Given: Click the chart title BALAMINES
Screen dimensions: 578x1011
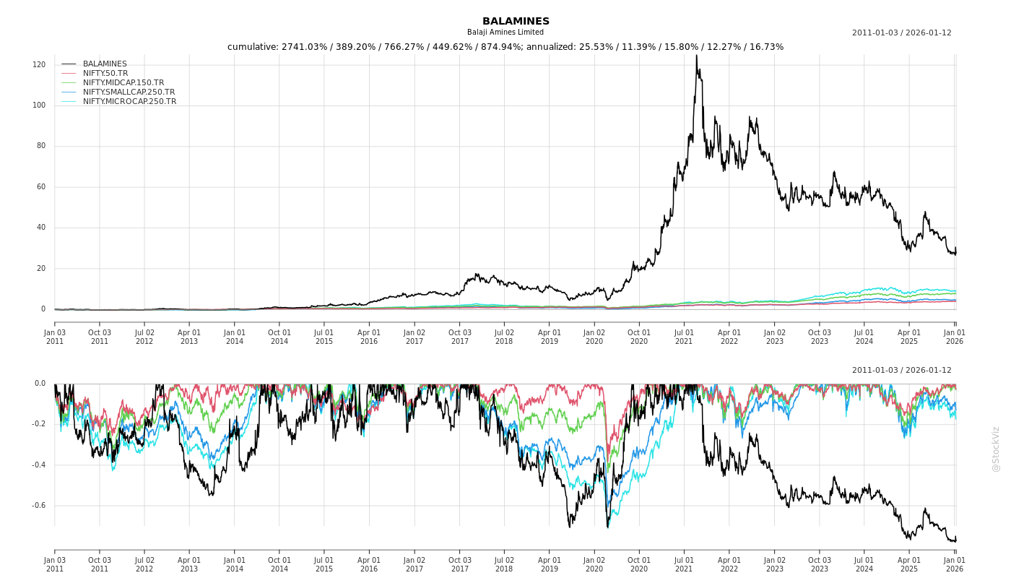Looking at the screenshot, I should tap(516, 21).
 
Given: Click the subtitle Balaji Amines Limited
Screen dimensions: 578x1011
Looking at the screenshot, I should tap(506, 33).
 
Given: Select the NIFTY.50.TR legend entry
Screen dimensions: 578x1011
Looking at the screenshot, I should tap(105, 74).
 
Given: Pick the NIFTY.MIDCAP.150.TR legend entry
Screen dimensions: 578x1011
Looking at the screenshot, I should tap(123, 83).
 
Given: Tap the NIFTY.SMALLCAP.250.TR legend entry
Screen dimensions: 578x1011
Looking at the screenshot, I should tap(129, 92).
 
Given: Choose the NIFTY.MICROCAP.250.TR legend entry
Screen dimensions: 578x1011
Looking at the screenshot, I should tap(129, 102).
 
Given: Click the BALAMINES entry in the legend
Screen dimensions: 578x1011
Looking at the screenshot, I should tap(105, 64).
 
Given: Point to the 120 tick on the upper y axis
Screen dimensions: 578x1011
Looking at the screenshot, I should tap(39, 65).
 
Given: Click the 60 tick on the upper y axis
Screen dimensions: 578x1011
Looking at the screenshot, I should tap(40, 187).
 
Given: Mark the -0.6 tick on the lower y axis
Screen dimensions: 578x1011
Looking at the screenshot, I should tap(38, 506).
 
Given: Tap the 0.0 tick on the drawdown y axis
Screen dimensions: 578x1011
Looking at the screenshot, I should tap(40, 384).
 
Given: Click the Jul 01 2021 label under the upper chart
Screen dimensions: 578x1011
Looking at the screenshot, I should tap(684, 337).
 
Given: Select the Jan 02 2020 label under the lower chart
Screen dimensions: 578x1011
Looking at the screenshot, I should tap(594, 564).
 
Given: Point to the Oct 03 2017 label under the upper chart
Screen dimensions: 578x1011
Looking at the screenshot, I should tap(459, 337).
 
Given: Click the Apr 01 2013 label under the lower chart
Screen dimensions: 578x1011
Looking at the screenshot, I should tap(189, 564).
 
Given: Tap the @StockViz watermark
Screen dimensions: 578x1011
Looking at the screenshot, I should tap(996, 449).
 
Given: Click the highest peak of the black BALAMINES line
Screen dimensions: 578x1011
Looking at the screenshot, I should tap(696, 56).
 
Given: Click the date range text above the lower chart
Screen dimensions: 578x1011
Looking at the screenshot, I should tap(901, 371).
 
